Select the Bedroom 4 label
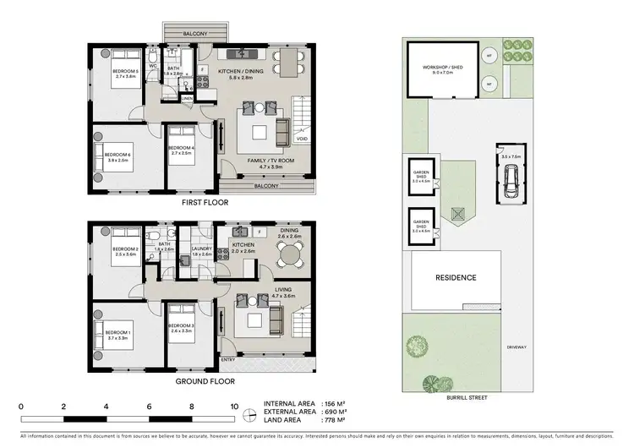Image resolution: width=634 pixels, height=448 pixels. [182, 150]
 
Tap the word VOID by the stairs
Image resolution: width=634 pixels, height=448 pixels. [302, 139]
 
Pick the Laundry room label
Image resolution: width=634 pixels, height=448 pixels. [200, 250]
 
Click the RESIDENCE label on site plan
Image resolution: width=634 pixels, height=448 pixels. [456, 277]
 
